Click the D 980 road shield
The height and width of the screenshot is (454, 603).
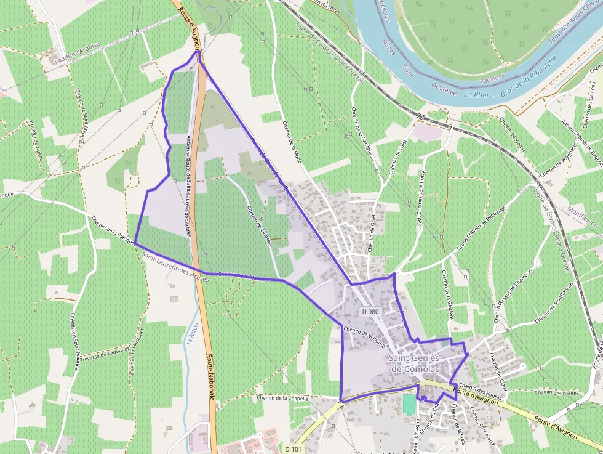[x=370, y=312]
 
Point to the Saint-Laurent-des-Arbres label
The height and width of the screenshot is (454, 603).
[x=175, y=267]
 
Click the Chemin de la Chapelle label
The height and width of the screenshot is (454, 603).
[x=282, y=399]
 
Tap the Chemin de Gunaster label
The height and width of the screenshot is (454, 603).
[x=260, y=226]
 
